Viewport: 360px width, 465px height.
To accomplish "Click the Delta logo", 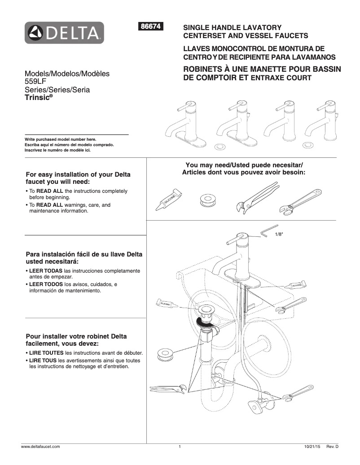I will (x=64, y=33).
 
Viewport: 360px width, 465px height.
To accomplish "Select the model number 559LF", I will (x=35, y=82).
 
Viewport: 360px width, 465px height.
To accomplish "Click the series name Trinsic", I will (x=38, y=97).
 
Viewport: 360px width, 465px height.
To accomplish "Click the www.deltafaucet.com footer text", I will (x=41, y=447).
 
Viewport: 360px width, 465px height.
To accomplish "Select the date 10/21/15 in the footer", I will (x=312, y=447).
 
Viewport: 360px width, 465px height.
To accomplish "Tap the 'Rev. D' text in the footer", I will (x=332, y=447).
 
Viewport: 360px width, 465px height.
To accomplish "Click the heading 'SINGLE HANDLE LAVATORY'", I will (x=232, y=28).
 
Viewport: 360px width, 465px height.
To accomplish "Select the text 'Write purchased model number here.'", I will (x=60, y=139).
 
